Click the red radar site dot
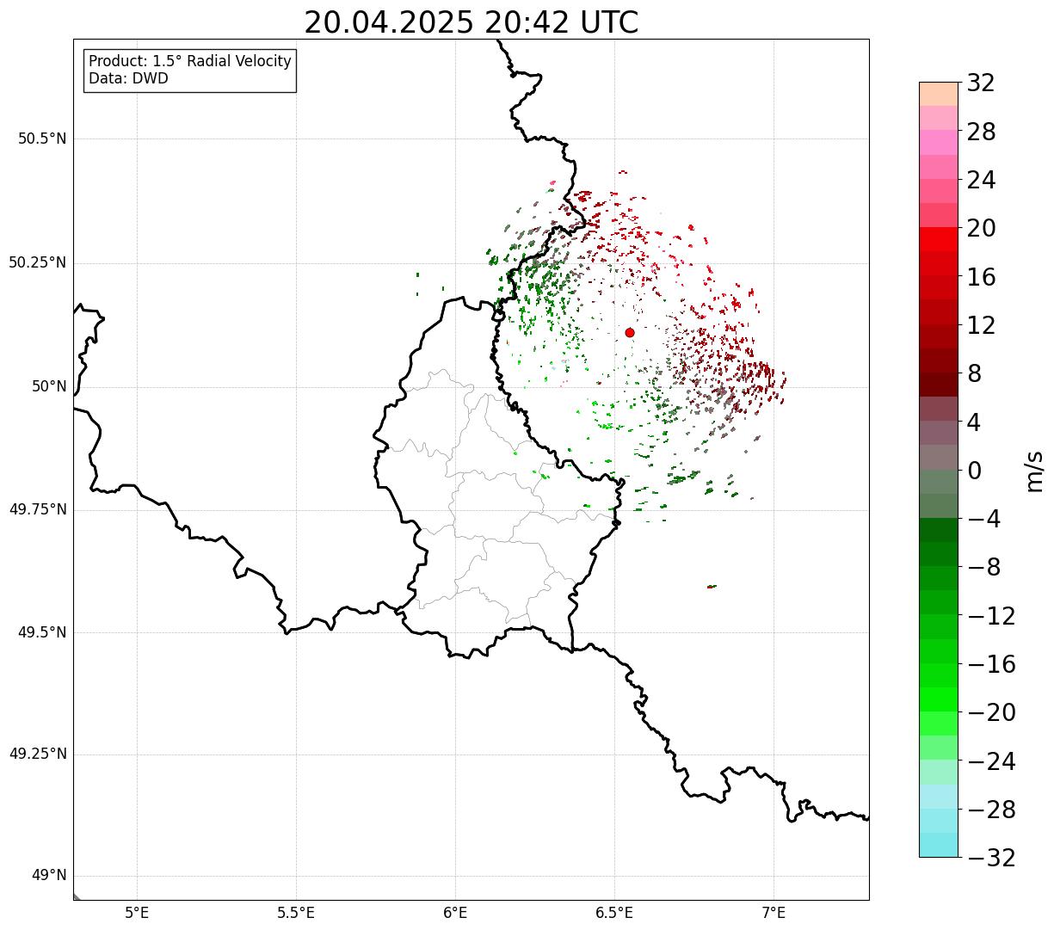[x=630, y=332]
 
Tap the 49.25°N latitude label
[x=39, y=754]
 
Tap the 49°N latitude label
[x=49, y=876]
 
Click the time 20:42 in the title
[x=527, y=23]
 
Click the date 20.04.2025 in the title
[x=389, y=23]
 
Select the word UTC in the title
[x=609, y=23]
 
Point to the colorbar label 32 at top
[x=981, y=83]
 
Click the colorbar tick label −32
[x=991, y=857]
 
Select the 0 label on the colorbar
[x=974, y=471]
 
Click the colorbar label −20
[x=991, y=712]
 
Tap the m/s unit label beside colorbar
[x=1035, y=471]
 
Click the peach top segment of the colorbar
[x=939, y=94]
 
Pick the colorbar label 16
[x=981, y=277]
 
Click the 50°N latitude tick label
[x=49, y=386]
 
